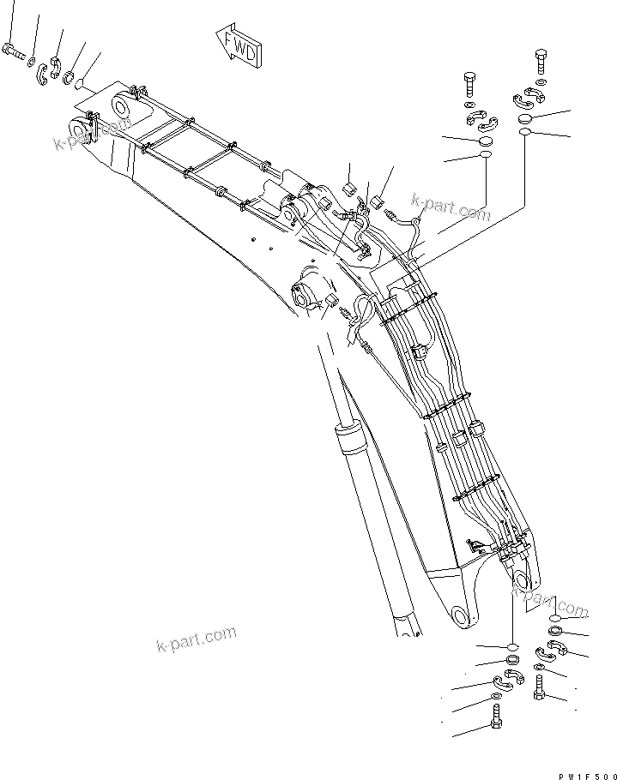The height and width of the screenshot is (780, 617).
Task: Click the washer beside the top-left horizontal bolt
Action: click(30, 62)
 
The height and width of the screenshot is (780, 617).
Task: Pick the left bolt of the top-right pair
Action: click(470, 86)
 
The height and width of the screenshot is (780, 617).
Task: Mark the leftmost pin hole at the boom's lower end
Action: click(461, 616)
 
